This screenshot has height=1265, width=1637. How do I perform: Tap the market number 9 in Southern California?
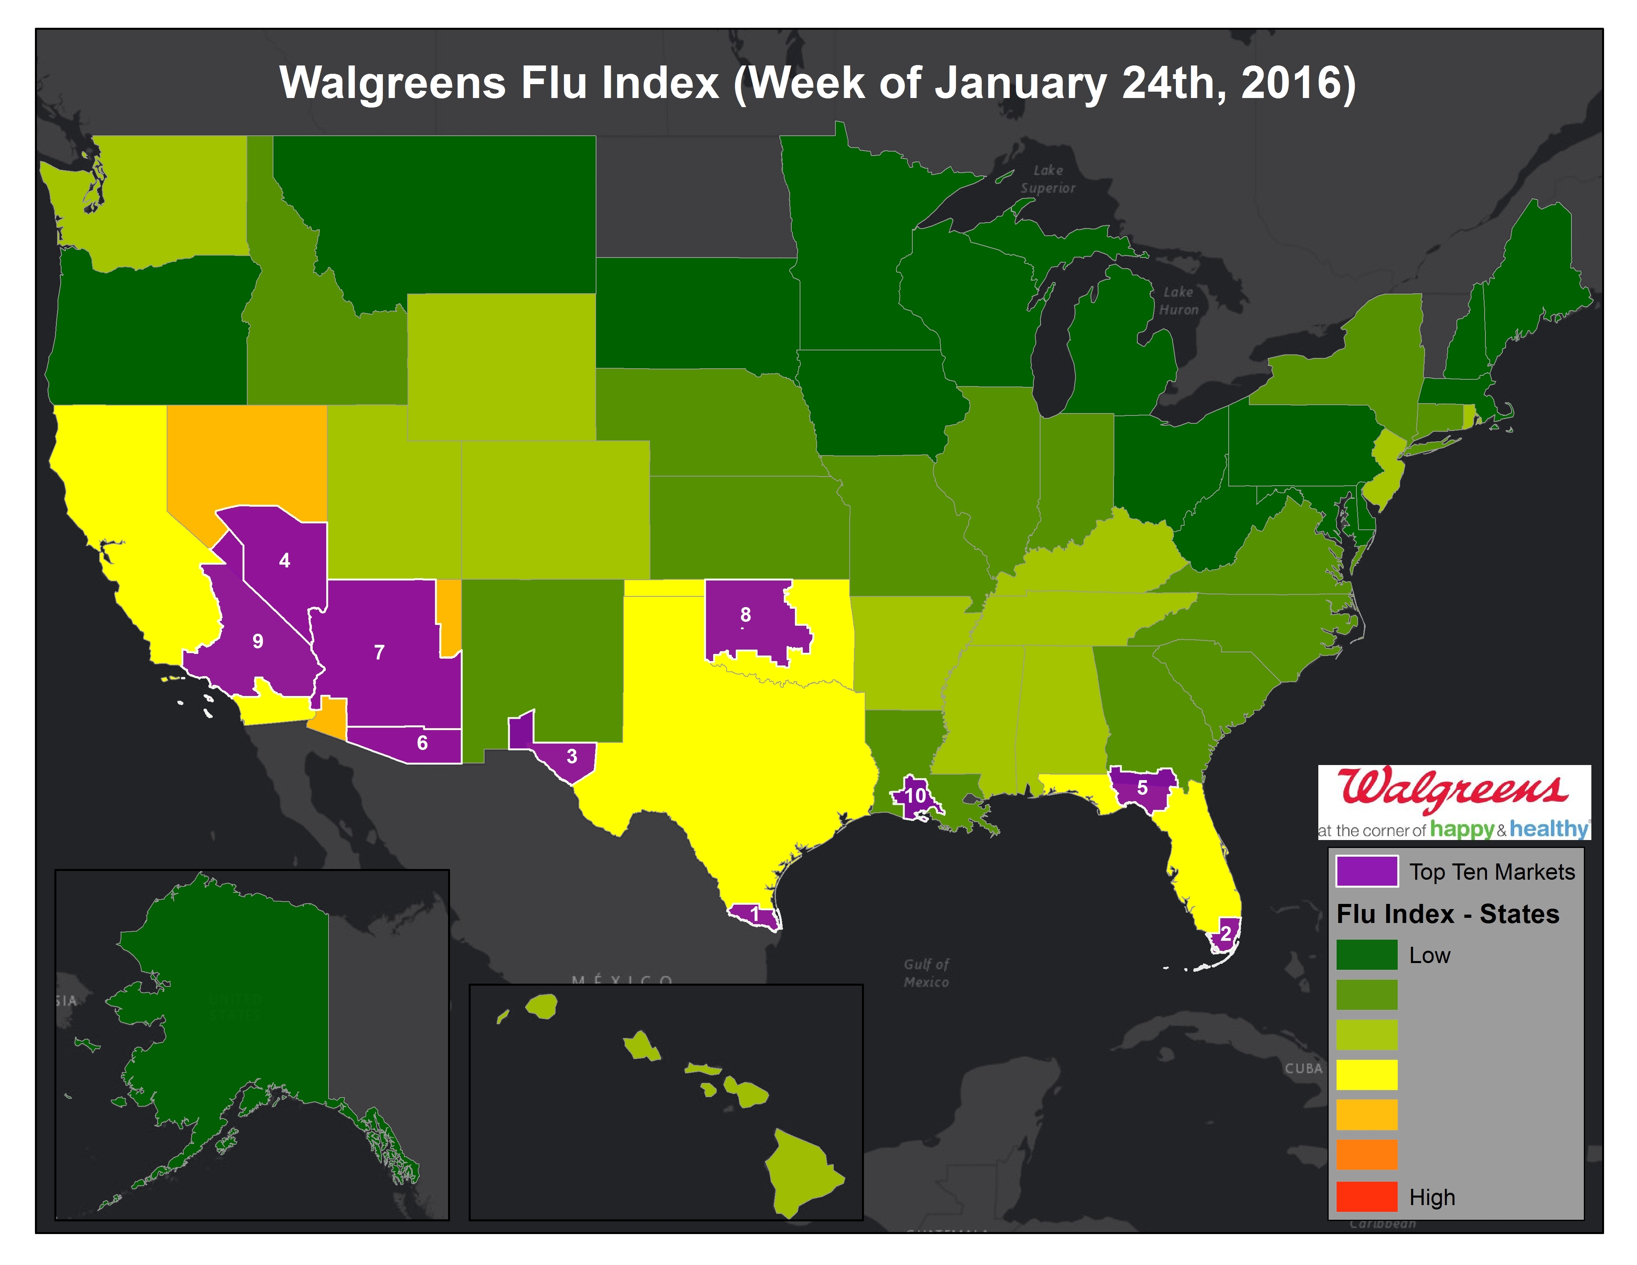coord(258,642)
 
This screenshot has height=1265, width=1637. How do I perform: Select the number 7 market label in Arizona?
coord(379,653)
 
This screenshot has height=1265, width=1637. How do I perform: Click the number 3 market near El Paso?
coord(572,756)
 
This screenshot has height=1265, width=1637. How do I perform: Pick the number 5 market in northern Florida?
coord(1142,788)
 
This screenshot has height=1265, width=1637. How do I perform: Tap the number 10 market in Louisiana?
coord(915,796)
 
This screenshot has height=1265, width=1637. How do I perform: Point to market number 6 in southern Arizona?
coord(422,743)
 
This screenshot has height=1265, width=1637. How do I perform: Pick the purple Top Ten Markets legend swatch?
coord(1366,871)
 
